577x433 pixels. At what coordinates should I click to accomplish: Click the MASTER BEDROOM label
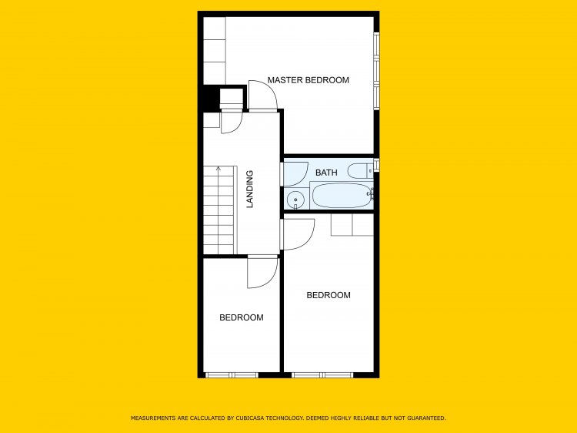[x=308, y=80]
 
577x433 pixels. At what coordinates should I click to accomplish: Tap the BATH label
[x=326, y=173]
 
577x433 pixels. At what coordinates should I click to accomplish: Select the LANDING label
[x=250, y=189]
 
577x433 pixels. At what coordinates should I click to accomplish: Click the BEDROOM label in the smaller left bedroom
[x=241, y=317]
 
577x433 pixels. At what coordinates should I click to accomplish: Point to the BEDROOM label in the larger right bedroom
[x=329, y=295]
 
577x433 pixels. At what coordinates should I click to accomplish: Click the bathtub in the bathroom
[x=341, y=195]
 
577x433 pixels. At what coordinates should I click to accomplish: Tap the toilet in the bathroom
[x=361, y=171]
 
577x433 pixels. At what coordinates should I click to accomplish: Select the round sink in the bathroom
[x=295, y=200]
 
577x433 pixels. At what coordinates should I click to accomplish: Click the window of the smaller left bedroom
[x=232, y=375]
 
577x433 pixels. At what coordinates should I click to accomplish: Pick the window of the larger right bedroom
[x=322, y=375]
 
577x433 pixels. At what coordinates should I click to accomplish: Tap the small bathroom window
[x=376, y=165]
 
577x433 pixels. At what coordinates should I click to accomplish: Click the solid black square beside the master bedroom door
[x=210, y=98]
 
